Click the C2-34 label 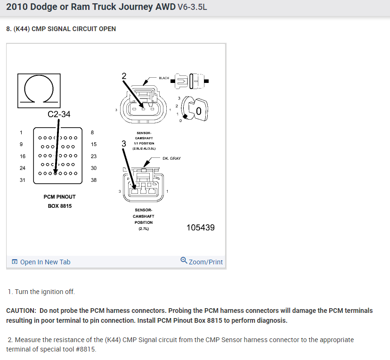[x=59, y=114]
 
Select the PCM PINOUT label [x=59, y=196]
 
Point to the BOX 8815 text [x=59, y=206]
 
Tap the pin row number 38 [x=93, y=180]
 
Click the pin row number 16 [x=23, y=156]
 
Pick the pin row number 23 [x=93, y=156]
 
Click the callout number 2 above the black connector [x=124, y=76]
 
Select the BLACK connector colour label [x=163, y=78]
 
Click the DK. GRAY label [x=171, y=159]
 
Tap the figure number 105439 [x=200, y=228]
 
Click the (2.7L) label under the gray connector [x=144, y=229]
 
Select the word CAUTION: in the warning [x=21, y=311]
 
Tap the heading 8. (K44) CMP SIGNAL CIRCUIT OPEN [x=61, y=29]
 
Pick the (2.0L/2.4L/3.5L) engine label [x=144, y=148]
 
